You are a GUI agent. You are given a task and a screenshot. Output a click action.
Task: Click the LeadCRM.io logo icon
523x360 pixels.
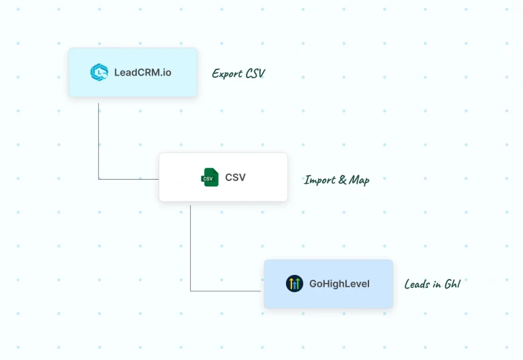point(99,72)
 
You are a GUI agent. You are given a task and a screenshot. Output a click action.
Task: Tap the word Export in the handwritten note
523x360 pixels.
point(227,73)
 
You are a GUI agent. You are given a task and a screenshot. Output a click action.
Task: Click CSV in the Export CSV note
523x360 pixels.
point(255,73)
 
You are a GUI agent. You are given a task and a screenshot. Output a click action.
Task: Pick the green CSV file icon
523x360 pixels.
point(210,177)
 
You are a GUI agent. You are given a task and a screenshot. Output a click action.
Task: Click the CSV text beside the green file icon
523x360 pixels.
point(235,178)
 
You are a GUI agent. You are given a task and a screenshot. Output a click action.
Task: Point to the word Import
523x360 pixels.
point(319,180)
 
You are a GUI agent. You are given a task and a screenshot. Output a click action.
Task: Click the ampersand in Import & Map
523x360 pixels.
point(342,180)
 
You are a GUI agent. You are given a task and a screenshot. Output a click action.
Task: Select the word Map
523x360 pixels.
point(359,180)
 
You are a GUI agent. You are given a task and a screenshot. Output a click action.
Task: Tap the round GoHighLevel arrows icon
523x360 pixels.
point(294,284)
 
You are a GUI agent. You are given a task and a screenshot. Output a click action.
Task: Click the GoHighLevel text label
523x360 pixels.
point(339,284)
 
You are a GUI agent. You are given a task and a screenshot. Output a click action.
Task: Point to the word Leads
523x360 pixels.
point(417,284)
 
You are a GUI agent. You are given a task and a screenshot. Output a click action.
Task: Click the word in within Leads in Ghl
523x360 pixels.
point(437,284)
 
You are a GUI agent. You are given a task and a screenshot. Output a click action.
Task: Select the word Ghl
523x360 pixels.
point(453,284)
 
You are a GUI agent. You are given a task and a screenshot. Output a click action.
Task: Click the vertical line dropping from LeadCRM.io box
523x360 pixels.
point(99,140)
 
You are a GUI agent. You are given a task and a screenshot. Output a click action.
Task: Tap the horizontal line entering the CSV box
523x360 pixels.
point(129,179)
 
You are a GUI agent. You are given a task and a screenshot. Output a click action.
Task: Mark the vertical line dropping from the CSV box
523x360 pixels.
point(190,245)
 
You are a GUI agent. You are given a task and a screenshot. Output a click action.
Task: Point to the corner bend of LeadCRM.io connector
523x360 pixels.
point(99,179)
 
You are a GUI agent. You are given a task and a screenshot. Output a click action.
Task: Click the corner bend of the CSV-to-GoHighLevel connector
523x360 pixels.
point(190,291)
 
